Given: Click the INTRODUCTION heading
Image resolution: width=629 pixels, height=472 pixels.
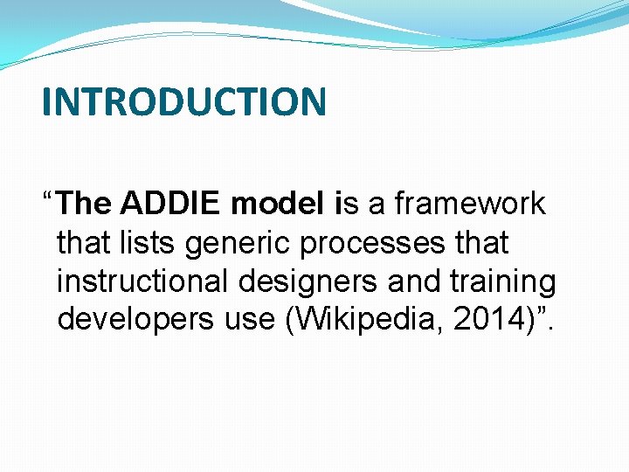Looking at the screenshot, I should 183,102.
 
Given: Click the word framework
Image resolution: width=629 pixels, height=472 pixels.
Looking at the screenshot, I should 470,204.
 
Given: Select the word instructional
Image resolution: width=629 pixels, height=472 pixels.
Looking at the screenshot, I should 144,281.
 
